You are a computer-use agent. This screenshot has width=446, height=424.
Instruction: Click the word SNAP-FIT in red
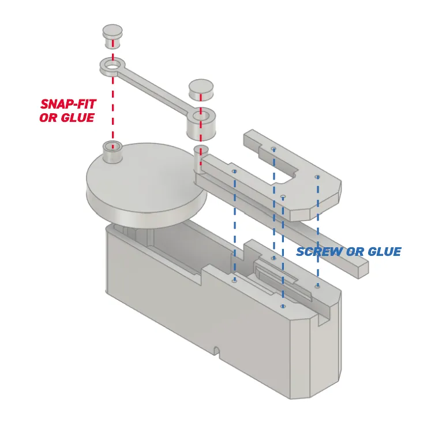(x=68, y=104)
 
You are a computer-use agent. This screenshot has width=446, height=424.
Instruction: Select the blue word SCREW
(x=320, y=251)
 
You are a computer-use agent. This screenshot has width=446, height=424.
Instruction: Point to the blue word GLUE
(x=384, y=251)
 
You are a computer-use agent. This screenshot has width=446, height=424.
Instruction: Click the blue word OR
(x=355, y=251)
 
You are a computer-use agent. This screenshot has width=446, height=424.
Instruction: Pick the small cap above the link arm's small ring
(x=113, y=36)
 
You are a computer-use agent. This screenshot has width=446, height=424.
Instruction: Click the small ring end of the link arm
(x=113, y=66)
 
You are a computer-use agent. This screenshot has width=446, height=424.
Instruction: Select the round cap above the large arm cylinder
(x=201, y=90)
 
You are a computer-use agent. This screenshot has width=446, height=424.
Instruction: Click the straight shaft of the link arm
(x=155, y=91)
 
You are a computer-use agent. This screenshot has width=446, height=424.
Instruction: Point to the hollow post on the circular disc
(x=113, y=152)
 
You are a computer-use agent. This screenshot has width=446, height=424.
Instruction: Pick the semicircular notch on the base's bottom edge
(x=217, y=350)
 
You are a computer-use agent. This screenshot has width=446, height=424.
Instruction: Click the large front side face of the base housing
(x=199, y=322)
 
